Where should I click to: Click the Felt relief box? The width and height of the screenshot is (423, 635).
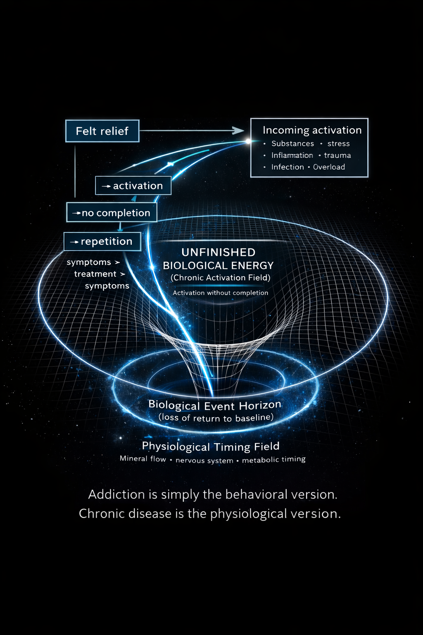point(102,131)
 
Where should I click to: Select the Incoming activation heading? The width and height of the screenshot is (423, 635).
point(312,130)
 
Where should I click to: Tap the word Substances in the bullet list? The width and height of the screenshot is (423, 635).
point(292,144)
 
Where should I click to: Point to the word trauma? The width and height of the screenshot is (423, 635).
point(337,155)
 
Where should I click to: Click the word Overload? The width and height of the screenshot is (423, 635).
point(329,167)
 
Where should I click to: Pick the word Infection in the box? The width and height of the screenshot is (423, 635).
point(288,167)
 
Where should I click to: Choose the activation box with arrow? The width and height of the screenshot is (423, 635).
point(133,186)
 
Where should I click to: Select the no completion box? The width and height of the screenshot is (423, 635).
point(112,213)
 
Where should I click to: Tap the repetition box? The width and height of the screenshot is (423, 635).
point(102,241)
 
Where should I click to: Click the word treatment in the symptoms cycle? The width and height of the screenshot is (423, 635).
point(95,274)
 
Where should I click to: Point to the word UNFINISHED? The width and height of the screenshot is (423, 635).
point(219,252)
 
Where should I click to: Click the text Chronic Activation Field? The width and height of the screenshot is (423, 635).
point(221,278)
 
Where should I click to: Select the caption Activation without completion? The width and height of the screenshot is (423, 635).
point(221,293)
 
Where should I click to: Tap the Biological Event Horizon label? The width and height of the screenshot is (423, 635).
point(215,405)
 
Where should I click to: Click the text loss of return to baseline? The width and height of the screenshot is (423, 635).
point(216,418)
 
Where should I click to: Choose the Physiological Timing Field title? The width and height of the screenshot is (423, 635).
point(211,446)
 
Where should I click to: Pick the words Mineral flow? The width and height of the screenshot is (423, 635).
point(143,458)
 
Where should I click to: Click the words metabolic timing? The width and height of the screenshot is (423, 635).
point(273,459)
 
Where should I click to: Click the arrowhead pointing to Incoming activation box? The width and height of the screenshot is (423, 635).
point(239,131)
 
